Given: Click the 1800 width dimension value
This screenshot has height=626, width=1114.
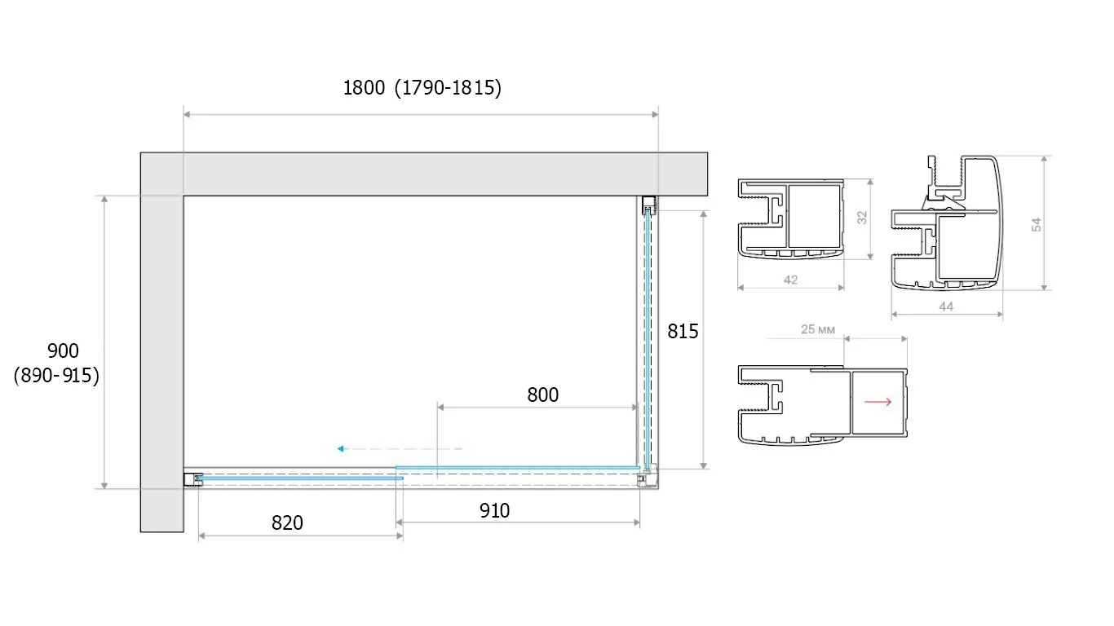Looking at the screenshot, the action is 364,88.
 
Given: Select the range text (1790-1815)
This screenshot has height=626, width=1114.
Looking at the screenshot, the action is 448,88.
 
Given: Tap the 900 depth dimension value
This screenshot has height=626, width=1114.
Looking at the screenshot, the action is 63,351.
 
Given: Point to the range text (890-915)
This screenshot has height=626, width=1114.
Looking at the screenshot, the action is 56,376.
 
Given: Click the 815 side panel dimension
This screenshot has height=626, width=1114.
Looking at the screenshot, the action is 683,331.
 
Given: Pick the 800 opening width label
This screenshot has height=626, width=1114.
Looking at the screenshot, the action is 542,395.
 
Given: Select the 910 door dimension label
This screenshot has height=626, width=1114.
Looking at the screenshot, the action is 494,510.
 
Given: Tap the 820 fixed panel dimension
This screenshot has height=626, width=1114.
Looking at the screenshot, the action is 287,523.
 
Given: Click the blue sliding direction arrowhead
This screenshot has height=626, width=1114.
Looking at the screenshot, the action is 341,449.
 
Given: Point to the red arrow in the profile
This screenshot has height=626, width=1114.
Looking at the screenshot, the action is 877,402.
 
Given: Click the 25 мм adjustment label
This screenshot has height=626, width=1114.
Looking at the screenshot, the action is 818,329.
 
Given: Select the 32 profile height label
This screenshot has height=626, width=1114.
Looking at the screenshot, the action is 862,218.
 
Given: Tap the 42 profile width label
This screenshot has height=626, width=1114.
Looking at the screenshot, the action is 791,280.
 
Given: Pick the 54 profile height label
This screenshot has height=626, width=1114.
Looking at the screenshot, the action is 1036,225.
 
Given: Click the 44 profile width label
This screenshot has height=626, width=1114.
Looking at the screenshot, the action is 946,306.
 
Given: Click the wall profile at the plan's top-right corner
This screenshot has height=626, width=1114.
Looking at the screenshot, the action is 648,205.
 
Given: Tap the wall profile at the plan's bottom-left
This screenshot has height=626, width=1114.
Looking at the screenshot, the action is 193,479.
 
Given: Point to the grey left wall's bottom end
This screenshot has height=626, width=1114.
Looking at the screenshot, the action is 162,531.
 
